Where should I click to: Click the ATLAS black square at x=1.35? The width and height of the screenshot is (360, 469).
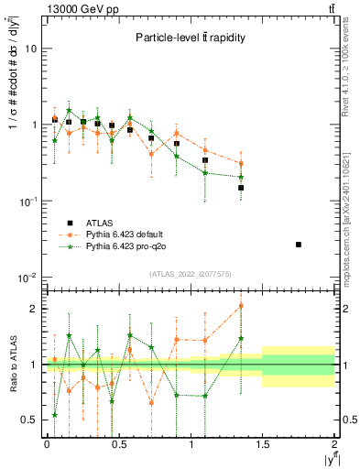tap(241, 188)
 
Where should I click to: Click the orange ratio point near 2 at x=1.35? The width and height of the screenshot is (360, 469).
tap(241, 306)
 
